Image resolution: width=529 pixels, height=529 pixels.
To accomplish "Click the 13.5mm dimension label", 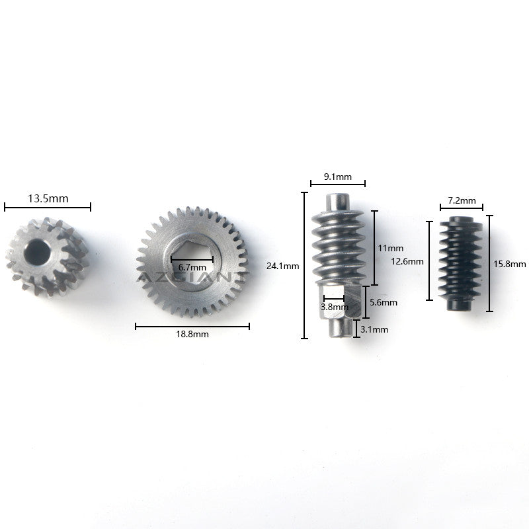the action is pyautogui.click(x=48, y=198).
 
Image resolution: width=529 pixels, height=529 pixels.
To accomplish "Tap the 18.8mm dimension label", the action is pyautogui.click(x=192, y=334).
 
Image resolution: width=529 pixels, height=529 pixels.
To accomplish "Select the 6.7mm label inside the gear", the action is pyautogui.click(x=192, y=268).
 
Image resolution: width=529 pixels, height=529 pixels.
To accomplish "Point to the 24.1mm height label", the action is pyautogui.click(x=283, y=266).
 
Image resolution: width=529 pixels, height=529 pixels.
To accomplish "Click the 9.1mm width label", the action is pyautogui.click(x=338, y=177).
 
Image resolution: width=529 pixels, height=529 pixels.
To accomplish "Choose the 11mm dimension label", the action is pyautogui.click(x=390, y=248).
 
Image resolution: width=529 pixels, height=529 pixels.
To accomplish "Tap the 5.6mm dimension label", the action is pyautogui.click(x=384, y=302).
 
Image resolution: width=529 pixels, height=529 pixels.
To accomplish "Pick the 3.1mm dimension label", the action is pyautogui.click(x=374, y=329).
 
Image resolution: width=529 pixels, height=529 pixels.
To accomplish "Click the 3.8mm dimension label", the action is pyautogui.click(x=335, y=307).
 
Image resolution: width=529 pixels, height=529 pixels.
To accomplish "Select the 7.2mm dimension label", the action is pyautogui.click(x=462, y=200).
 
